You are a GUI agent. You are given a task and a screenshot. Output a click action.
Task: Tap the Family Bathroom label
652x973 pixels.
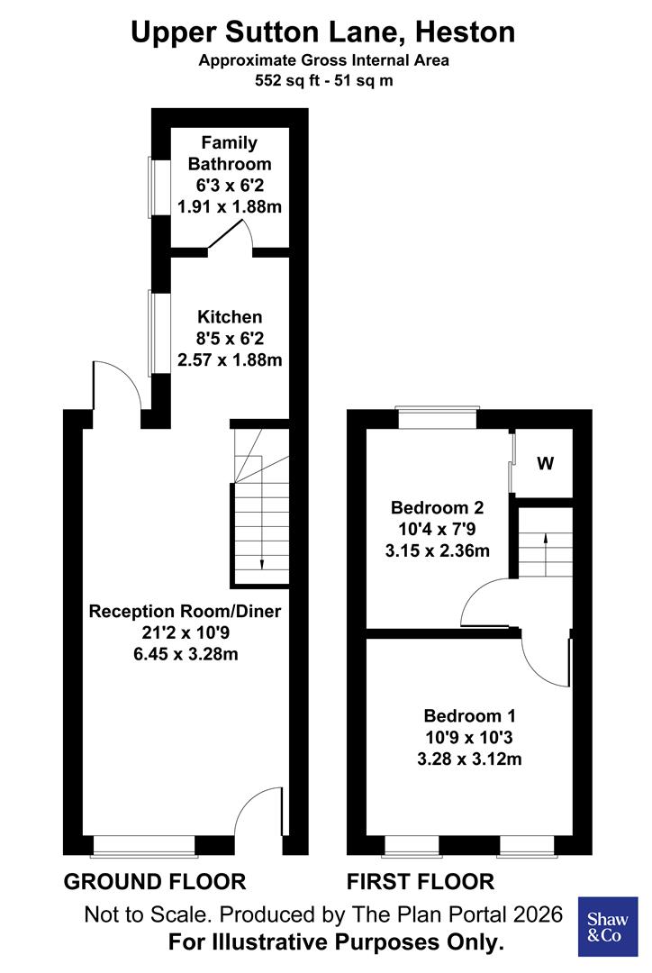click(229, 153)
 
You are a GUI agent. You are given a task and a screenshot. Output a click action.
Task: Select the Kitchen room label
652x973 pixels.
click(230, 317)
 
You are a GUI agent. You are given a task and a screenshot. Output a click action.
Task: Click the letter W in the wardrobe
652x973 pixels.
click(545, 465)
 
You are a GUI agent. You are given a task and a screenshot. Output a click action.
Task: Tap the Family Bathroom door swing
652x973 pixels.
click(231, 237)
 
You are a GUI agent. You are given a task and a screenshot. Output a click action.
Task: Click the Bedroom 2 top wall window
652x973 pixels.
click(437, 418)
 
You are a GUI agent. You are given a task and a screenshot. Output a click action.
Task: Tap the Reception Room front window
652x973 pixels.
click(144, 845)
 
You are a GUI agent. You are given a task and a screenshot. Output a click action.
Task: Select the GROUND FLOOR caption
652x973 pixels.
click(154, 881)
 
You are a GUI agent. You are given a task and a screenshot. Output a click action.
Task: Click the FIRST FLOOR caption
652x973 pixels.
click(421, 881)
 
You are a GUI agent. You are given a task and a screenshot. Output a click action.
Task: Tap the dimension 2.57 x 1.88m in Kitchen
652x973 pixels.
click(230, 360)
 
